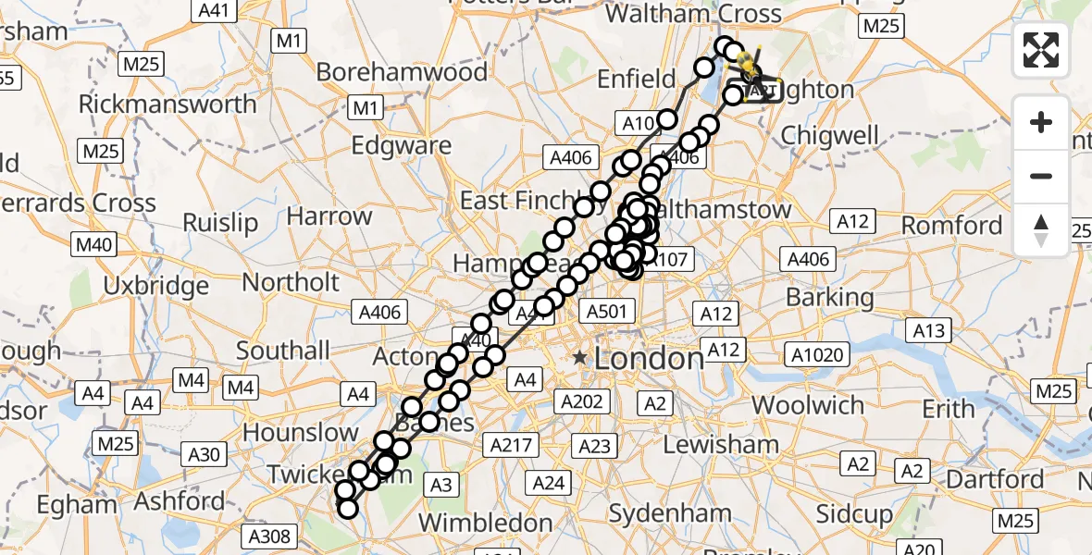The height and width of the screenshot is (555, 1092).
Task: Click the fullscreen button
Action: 1041,50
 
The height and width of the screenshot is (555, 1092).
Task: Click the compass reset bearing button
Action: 1041,230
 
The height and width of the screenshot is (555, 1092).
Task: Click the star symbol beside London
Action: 580,357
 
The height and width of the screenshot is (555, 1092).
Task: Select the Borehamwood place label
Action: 402,72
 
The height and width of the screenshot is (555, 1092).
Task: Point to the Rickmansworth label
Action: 168,104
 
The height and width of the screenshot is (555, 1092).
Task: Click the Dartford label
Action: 997,479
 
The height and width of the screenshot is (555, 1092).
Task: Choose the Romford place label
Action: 951,226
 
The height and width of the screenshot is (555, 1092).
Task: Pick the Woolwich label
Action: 808,405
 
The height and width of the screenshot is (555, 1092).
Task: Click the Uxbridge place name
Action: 156,286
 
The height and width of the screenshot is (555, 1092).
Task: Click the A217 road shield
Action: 511,445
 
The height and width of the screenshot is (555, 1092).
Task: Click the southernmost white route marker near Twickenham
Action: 348,509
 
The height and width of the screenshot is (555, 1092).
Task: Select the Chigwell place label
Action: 829,135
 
